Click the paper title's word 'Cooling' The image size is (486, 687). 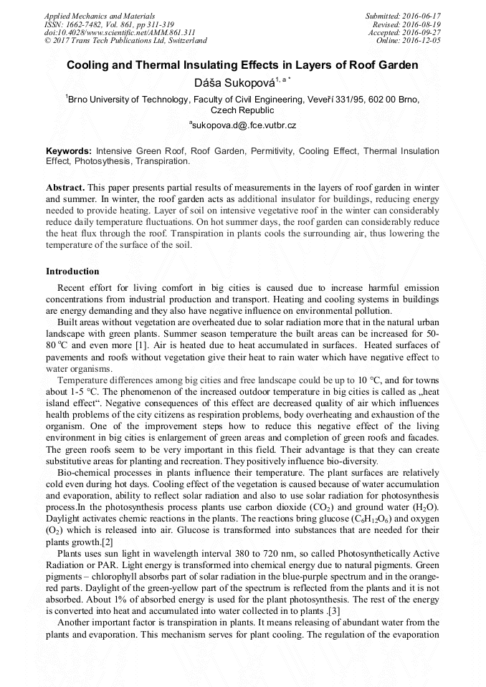pyautogui.click(x=90, y=64)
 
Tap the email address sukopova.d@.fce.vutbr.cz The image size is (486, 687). pyautogui.click(x=244, y=125)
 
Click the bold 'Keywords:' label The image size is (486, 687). pyautogui.click(x=69, y=151)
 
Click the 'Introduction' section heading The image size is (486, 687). pyautogui.click(x=72, y=272)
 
